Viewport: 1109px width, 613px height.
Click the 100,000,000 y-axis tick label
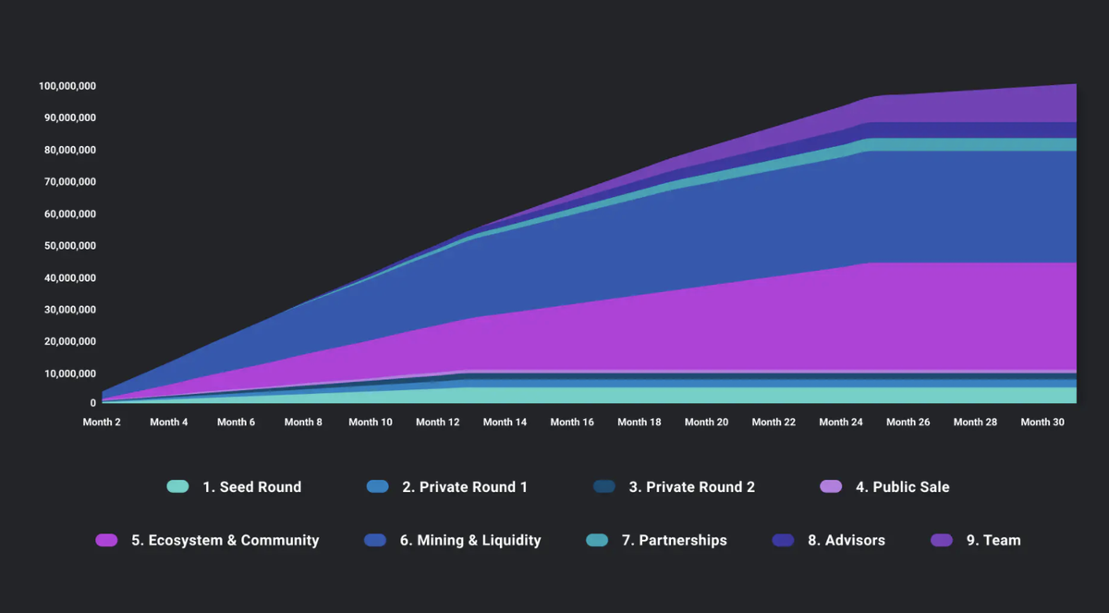67,86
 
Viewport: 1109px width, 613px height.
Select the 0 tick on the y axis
92,403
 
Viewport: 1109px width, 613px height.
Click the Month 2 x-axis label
103,423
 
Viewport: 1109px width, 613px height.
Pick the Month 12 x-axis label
437,423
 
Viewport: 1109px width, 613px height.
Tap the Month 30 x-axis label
1042,423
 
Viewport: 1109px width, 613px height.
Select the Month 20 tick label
706,423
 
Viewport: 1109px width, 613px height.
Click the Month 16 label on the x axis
572,423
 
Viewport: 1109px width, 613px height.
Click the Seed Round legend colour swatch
177,487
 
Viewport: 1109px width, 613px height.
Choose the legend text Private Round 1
465,487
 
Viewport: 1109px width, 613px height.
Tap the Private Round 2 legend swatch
604,487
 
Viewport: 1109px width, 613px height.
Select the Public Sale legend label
902,487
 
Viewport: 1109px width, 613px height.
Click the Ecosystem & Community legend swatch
106,541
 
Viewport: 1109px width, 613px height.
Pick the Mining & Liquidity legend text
470,541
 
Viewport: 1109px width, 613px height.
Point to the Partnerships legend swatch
597,541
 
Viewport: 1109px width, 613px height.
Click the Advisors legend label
847,541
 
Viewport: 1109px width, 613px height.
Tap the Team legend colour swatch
941,541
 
